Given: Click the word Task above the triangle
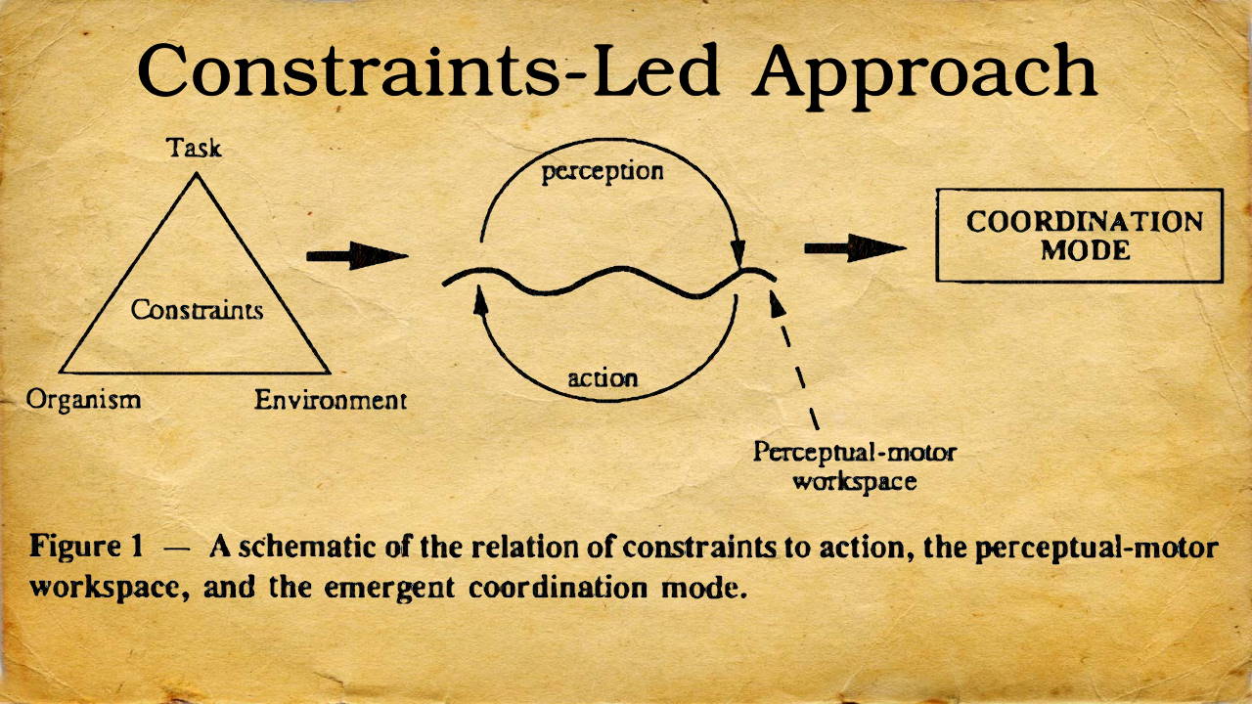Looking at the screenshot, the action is [194, 148].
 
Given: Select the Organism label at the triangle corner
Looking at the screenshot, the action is [83, 400].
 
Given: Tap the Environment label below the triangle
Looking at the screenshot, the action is [331, 400].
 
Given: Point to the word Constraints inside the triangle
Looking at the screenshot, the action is [197, 310].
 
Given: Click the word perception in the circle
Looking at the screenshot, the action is [603, 171].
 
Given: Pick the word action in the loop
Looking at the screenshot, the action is [603, 378].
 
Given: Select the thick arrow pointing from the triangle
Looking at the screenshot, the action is [357, 256].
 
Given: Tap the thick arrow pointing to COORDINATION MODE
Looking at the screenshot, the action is [855, 248].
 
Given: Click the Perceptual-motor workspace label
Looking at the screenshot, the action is [855, 466].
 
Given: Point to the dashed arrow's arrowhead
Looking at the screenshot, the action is [777, 304].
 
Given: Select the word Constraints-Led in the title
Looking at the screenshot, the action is [428, 70].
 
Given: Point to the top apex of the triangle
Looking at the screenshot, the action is [197, 173].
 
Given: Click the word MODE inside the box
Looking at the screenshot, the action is [1085, 250].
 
